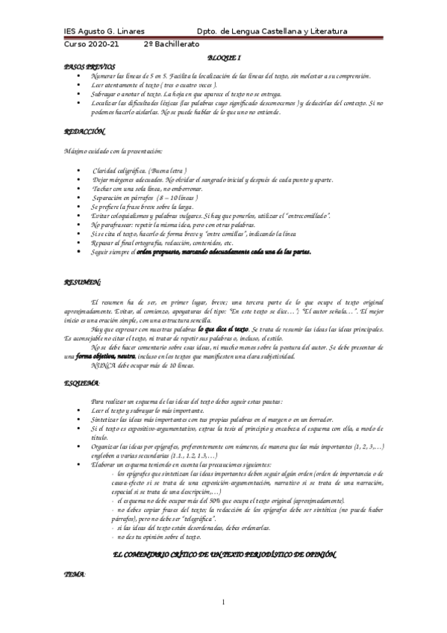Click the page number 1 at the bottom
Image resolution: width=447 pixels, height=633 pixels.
pos(222,602)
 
